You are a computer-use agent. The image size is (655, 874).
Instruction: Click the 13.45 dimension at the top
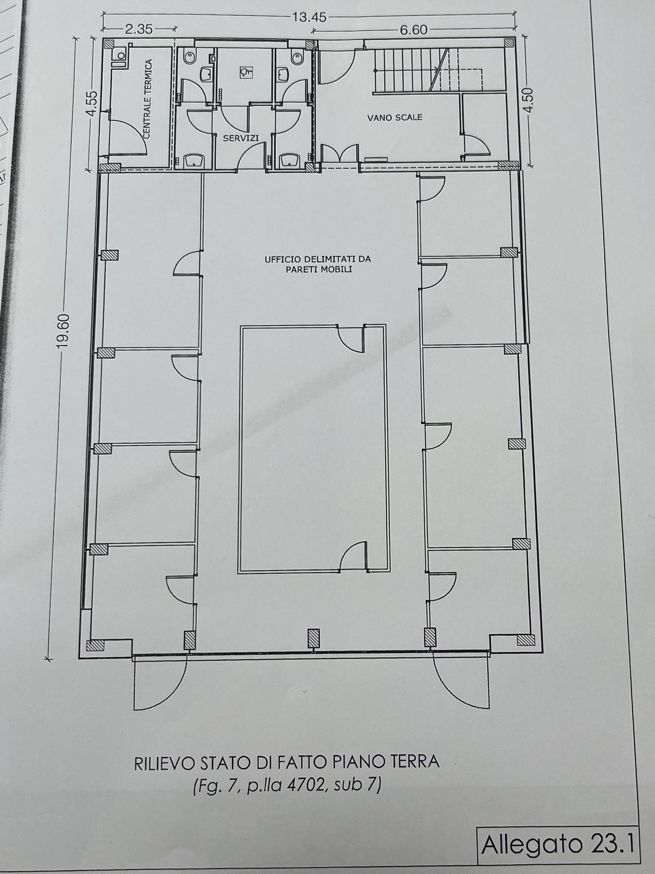(x=309, y=17)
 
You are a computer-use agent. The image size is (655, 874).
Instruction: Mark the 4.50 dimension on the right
(x=529, y=100)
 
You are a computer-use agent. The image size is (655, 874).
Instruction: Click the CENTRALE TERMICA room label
(x=148, y=99)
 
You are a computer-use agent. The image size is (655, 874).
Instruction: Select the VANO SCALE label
(x=395, y=117)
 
